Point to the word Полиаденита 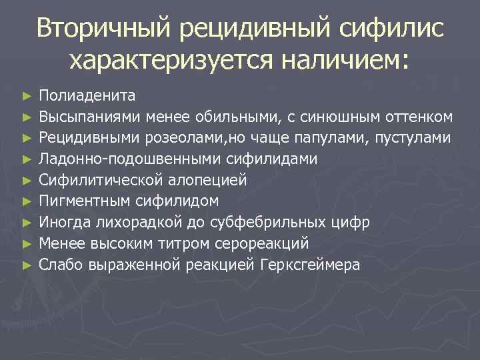pyautogui.click(x=87, y=97)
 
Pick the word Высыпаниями pyautogui.click(x=91, y=118)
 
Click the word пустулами pyautogui.click(x=414, y=139)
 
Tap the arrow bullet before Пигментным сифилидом pyautogui.click(x=26, y=201)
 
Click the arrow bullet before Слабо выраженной pyautogui.click(x=26, y=265)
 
